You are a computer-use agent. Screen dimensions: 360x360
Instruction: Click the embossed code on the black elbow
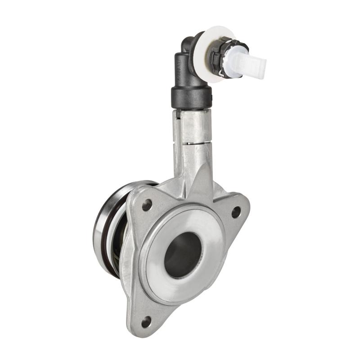point(180,67)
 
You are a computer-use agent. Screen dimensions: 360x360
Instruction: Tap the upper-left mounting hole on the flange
point(147,206)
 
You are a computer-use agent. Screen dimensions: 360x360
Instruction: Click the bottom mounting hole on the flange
point(146,322)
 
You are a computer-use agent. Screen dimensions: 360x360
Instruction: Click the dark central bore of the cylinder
point(182,254)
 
